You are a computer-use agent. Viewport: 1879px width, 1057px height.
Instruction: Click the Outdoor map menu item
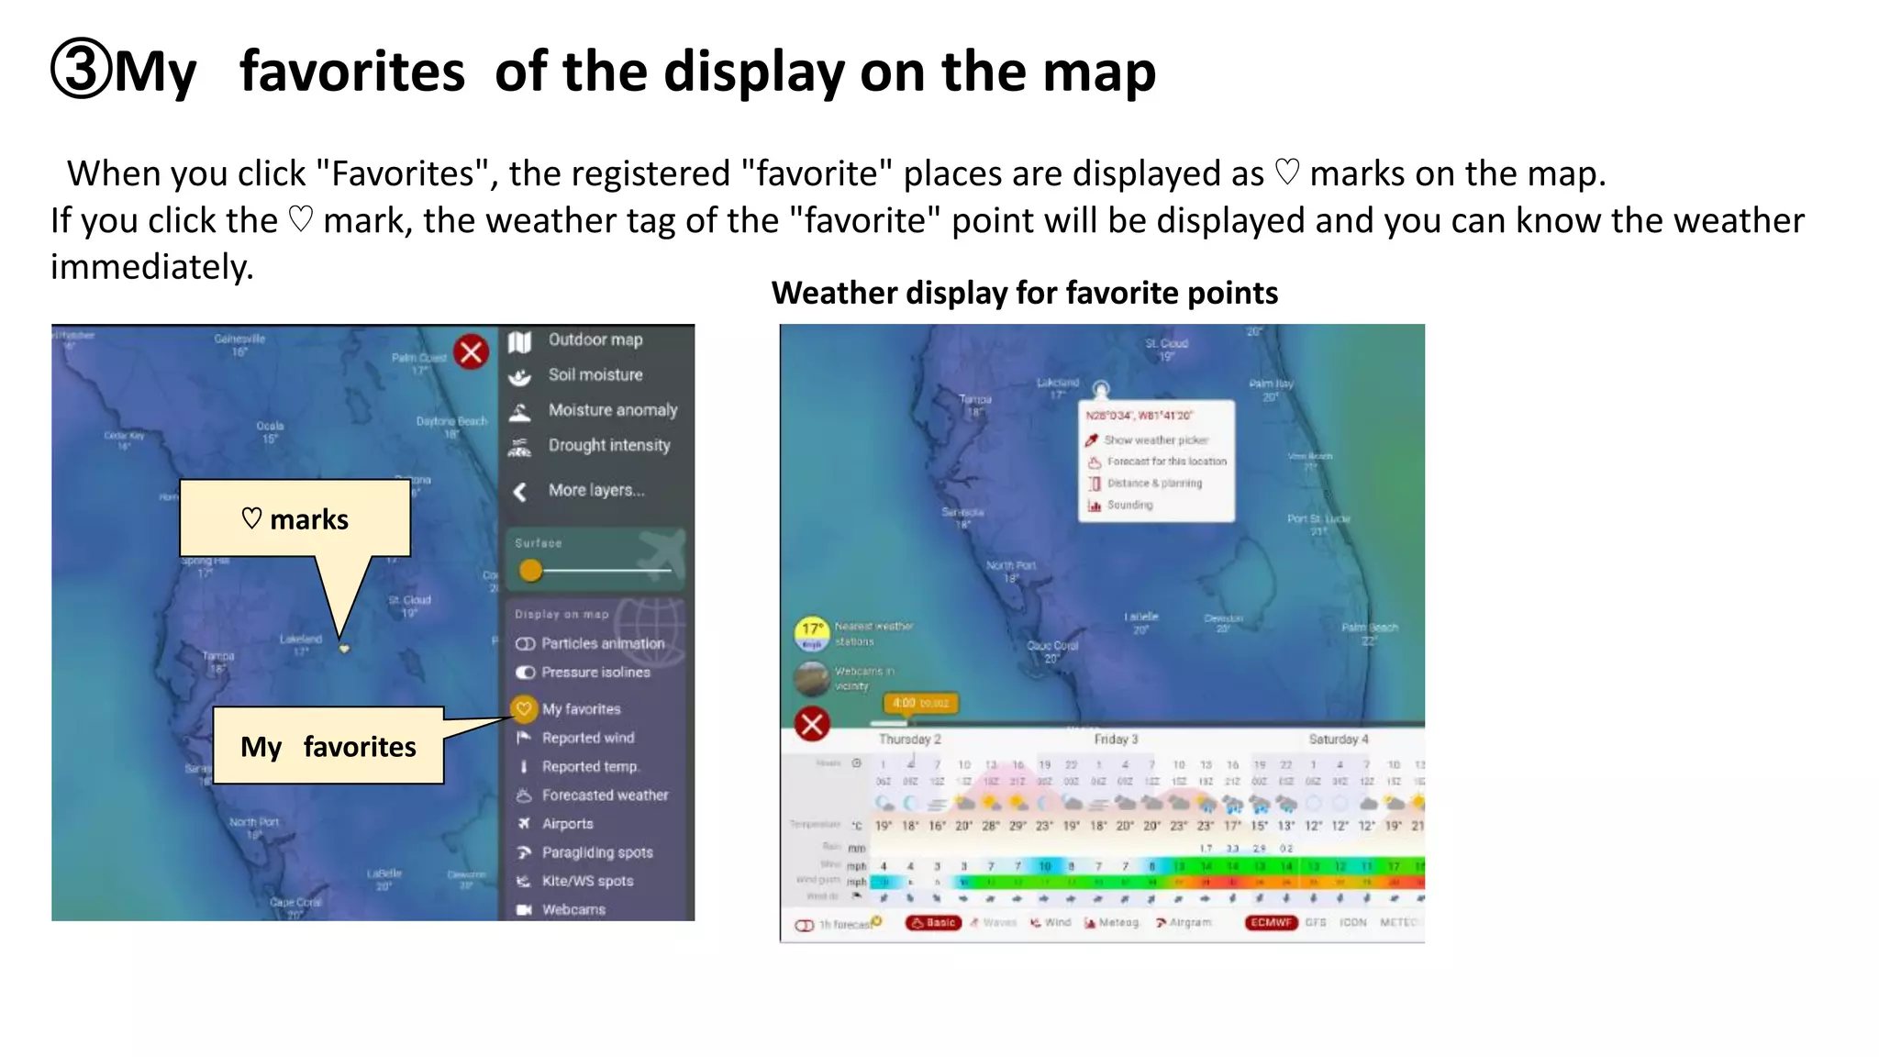click(595, 339)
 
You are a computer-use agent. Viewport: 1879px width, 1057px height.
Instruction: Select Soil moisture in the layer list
click(595, 374)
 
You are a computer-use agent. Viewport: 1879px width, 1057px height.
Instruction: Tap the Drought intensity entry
click(608, 445)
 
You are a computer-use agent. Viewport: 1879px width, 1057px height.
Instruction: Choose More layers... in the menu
click(595, 490)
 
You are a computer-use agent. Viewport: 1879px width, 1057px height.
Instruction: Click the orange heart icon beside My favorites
click(524, 708)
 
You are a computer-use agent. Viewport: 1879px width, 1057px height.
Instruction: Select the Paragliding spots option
click(596, 852)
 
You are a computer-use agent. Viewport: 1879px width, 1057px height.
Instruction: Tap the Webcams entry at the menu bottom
click(573, 909)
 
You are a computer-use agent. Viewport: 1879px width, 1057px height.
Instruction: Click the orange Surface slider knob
click(530, 571)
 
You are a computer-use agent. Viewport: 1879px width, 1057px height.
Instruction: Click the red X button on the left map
click(472, 352)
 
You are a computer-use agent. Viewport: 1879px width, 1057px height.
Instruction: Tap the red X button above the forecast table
click(812, 725)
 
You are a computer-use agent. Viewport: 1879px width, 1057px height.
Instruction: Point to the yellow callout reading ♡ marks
click(295, 518)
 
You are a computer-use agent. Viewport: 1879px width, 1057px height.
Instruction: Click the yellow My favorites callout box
click(328, 746)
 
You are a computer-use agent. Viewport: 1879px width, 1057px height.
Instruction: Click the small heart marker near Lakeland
click(344, 649)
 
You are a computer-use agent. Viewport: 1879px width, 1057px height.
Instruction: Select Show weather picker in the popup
click(1155, 440)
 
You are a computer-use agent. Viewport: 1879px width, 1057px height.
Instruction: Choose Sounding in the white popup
click(1129, 505)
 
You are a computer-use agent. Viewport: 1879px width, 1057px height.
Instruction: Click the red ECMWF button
click(1271, 922)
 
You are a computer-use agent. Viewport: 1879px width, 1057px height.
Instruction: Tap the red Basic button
click(933, 922)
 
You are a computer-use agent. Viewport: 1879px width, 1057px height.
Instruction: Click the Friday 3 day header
click(1116, 739)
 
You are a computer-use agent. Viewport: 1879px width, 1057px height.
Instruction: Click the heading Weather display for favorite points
click(1024, 293)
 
